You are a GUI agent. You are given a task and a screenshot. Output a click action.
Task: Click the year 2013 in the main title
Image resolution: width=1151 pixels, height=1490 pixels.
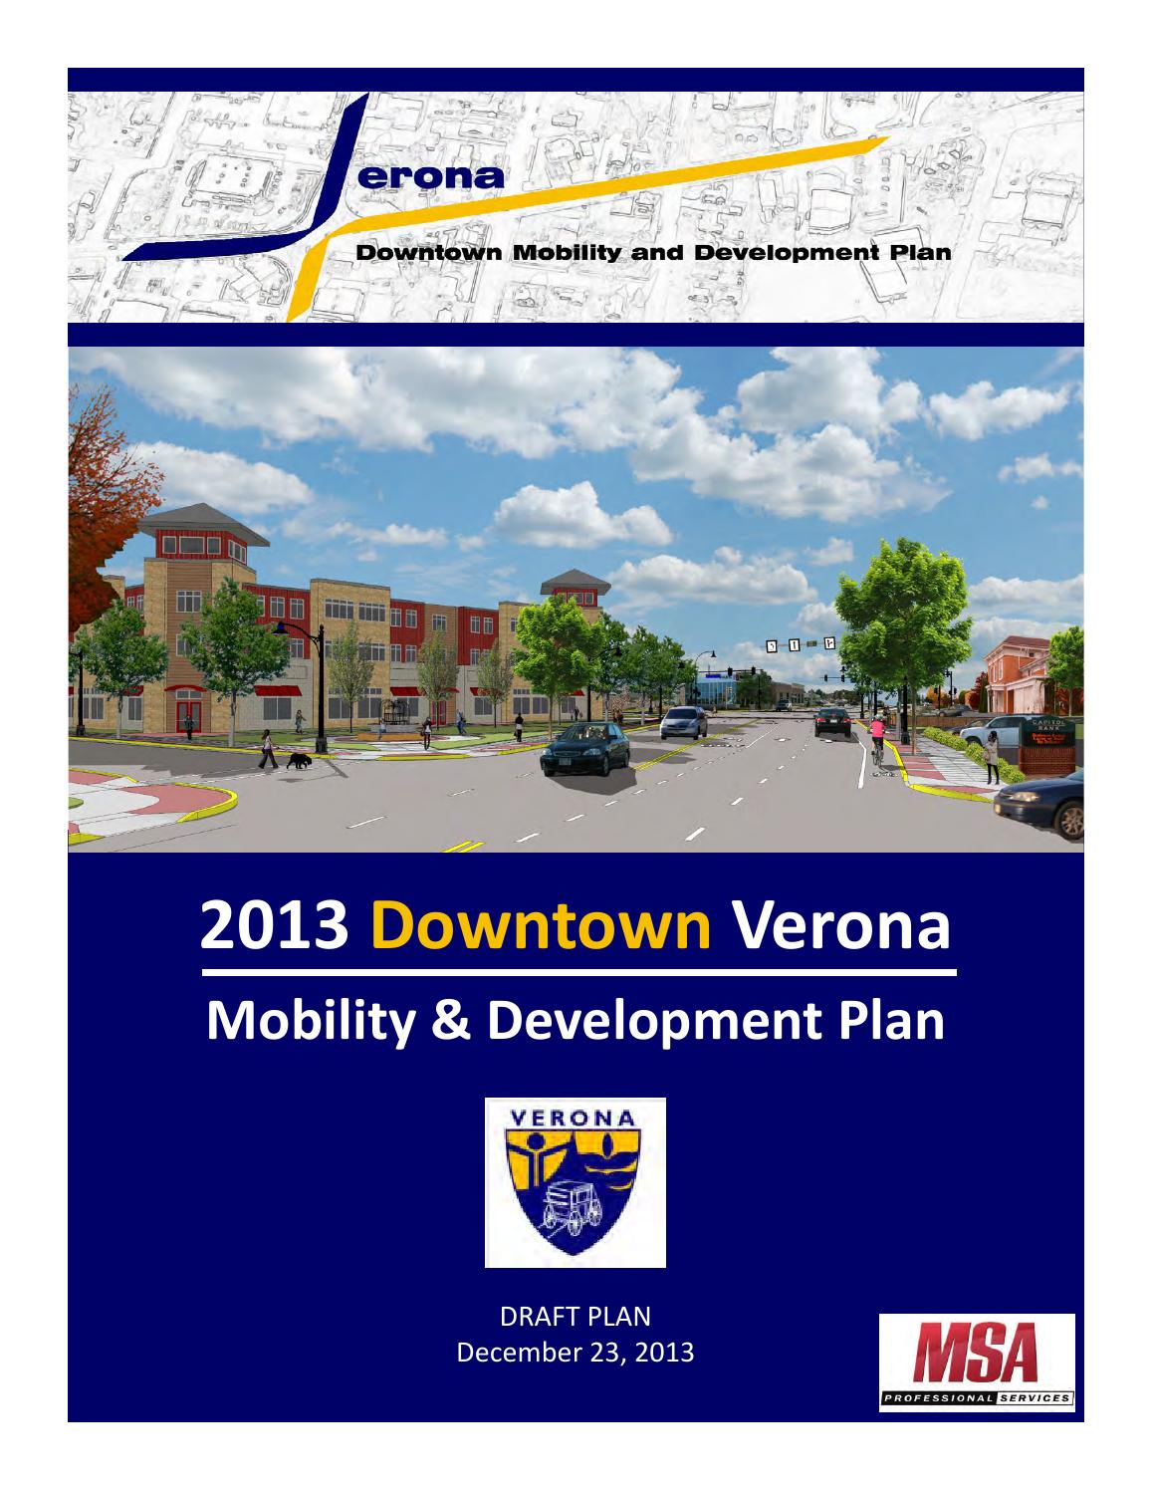(274, 926)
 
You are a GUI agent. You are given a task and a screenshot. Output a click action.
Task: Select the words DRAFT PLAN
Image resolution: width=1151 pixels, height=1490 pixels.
(575, 1317)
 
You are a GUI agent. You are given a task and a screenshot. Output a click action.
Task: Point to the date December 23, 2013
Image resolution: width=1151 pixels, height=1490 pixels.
(575, 1354)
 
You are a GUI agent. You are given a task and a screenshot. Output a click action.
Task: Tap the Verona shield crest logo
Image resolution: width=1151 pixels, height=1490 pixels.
(575, 1182)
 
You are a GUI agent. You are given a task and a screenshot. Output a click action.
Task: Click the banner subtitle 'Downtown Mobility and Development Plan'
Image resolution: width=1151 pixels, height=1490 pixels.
(652, 253)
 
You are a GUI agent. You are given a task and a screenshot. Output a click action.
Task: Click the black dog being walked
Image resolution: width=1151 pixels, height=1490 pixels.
(299, 761)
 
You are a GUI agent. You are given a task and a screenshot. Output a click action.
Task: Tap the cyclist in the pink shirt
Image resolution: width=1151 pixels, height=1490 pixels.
(876, 737)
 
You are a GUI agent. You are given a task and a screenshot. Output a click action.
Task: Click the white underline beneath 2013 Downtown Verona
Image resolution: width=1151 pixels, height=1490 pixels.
(578, 970)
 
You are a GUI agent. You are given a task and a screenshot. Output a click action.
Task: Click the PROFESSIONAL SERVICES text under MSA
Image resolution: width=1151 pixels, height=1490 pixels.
(976, 1398)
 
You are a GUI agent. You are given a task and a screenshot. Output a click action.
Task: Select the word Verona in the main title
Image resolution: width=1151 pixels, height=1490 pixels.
(841, 926)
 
